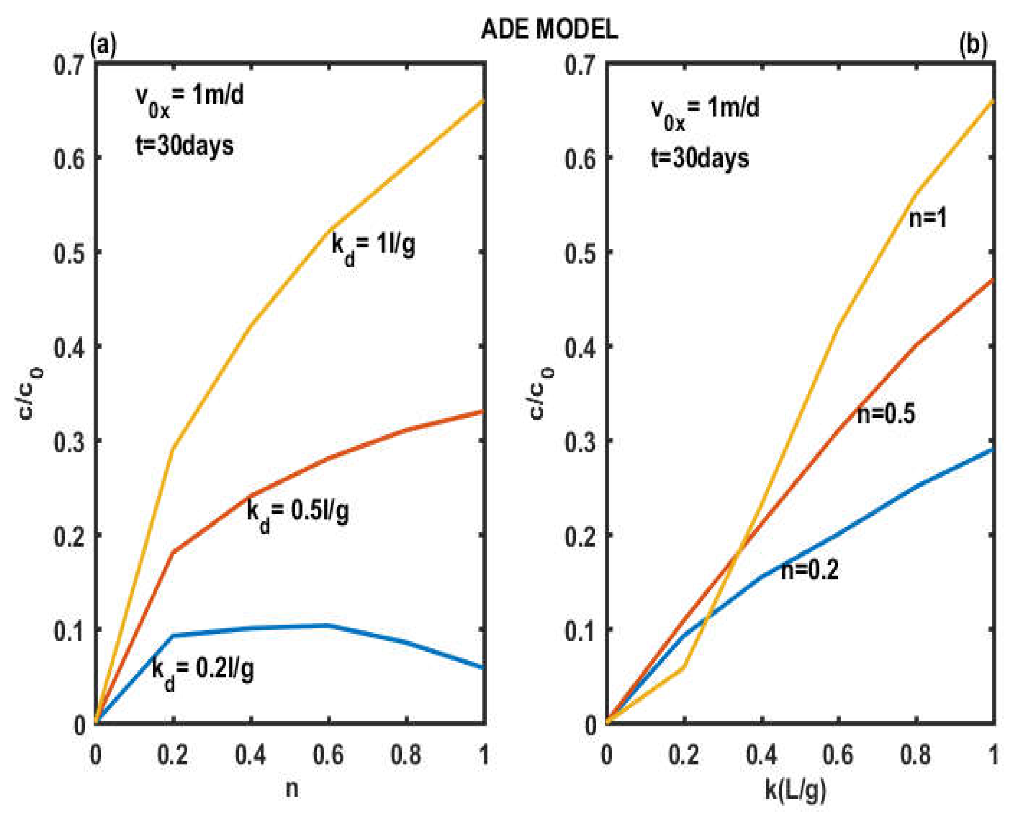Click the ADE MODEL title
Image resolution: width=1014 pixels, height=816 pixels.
(x=549, y=31)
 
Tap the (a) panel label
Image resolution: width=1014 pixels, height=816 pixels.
(x=103, y=47)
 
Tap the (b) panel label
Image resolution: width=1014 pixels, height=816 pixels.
(x=973, y=47)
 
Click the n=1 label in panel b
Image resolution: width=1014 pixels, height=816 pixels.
(x=927, y=219)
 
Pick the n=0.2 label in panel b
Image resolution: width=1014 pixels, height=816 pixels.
(x=810, y=571)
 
